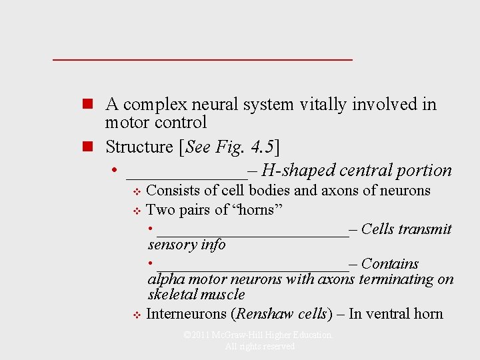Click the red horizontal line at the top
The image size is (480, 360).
click(202, 60)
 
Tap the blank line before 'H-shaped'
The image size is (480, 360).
click(186, 175)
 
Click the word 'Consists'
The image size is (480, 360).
click(173, 191)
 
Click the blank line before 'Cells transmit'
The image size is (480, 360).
click(252, 233)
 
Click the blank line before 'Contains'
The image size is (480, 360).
click(252, 269)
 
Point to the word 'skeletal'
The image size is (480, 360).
click(173, 295)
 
